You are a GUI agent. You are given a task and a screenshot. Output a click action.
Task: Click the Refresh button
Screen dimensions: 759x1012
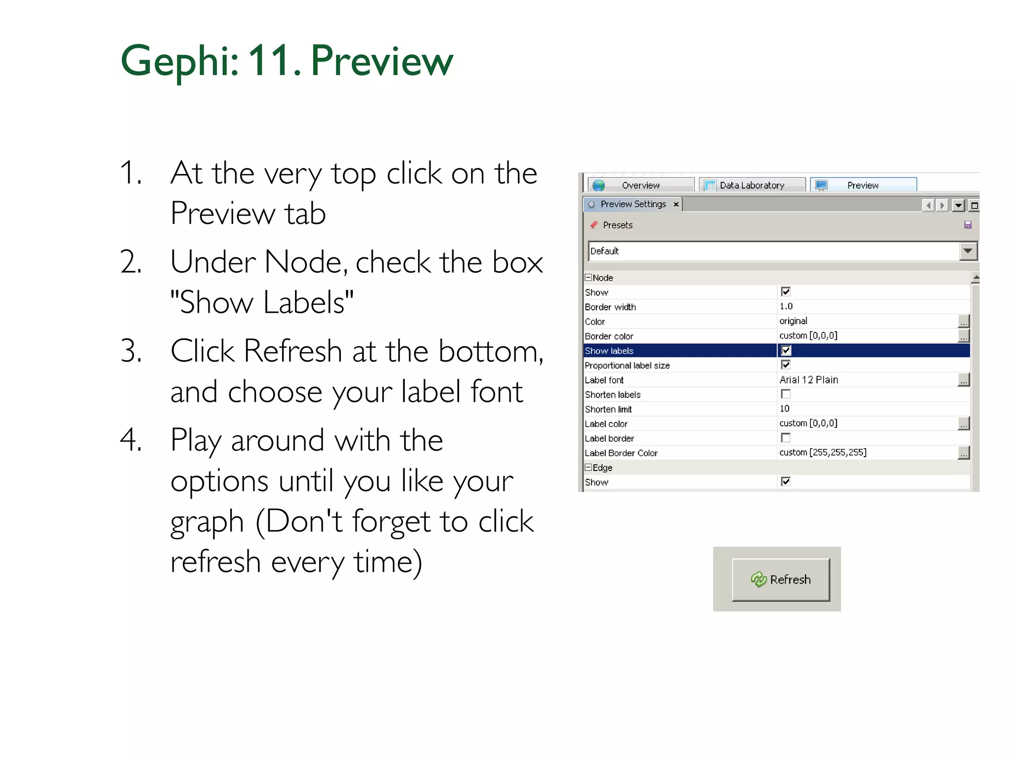pyautogui.click(x=781, y=579)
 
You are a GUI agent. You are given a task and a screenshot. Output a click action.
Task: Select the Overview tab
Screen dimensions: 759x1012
pyautogui.click(x=640, y=185)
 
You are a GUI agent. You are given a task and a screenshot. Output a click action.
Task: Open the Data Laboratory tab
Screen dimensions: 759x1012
pyautogui.click(x=752, y=185)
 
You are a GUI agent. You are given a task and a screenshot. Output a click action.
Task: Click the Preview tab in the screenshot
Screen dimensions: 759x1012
pyautogui.click(x=863, y=185)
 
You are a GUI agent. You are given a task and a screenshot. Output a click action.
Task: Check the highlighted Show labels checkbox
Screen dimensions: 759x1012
pyautogui.click(x=786, y=350)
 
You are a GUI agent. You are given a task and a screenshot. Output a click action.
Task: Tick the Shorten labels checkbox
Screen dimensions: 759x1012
pyautogui.click(x=786, y=394)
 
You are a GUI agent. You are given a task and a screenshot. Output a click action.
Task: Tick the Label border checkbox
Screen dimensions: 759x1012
pyautogui.click(x=786, y=438)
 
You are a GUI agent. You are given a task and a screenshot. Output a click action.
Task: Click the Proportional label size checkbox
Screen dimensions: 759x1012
pyautogui.click(x=786, y=365)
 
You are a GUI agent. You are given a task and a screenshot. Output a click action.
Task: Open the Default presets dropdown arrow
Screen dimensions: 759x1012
pyautogui.click(x=968, y=251)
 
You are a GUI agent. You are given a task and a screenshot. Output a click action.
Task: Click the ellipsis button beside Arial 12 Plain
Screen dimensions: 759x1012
pyautogui.click(x=964, y=380)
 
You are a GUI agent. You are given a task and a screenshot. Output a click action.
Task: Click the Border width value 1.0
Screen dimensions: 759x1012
pyautogui.click(x=786, y=306)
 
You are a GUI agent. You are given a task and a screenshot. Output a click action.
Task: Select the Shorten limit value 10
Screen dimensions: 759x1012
pyautogui.click(x=785, y=409)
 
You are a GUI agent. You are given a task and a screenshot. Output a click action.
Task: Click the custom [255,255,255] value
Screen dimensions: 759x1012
pyautogui.click(x=823, y=453)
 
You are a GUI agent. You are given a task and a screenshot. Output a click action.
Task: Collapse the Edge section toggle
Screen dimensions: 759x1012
pyautogui.click(x=588, y=467)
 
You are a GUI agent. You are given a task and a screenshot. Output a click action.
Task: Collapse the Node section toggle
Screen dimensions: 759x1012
pyautogui.click(x=588, y=277)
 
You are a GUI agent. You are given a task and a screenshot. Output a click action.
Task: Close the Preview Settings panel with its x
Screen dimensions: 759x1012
pyautogui.click(x=676, y=204)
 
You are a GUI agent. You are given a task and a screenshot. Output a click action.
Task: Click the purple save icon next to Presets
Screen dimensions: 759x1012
pyautogui.click(x=968, y=225)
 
